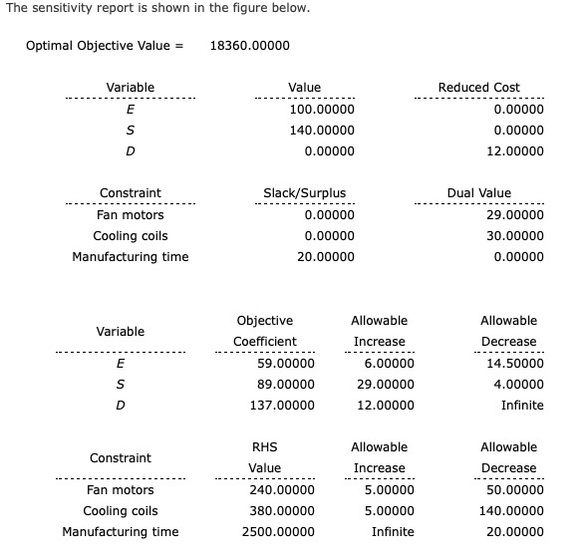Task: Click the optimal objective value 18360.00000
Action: [250, 46]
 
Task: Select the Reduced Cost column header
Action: [478, 88]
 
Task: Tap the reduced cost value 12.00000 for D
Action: [515, 151]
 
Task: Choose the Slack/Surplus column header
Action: [304, 193]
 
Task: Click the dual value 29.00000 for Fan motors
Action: [515, 215]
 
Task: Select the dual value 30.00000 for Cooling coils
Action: [515, 236]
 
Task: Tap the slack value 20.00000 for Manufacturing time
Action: [325, 257]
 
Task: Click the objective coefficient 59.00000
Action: [285, 364]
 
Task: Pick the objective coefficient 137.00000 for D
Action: [282, 406]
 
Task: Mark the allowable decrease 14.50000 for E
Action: [518, 364]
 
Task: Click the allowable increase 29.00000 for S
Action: [384, 385]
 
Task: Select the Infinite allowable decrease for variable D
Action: [522, 406]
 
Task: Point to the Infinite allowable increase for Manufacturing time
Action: [393, 532]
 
